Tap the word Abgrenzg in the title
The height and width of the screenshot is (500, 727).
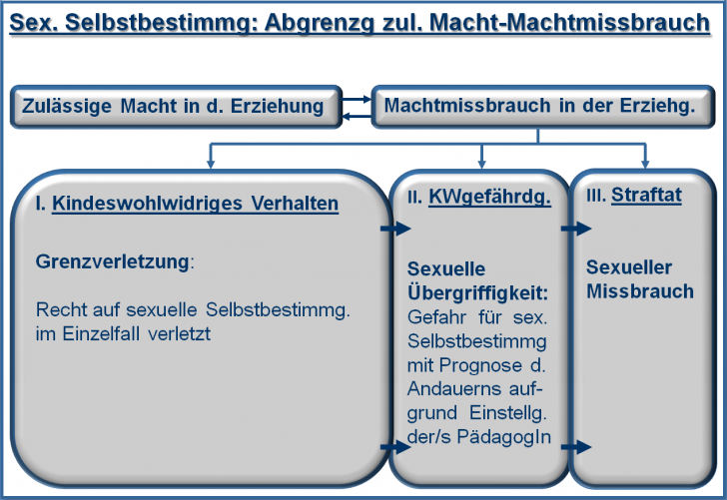coord(319,23)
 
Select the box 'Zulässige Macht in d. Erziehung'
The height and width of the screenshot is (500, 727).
coord(176,106)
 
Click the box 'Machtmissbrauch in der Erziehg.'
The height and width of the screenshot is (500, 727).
coord(543,106)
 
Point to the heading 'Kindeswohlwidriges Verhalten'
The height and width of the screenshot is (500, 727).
coord(195,204)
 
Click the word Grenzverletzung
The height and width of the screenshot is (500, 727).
coord(112,261)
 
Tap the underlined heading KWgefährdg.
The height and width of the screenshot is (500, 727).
coord(489,197)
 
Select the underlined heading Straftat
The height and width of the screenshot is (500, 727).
coord(646,195)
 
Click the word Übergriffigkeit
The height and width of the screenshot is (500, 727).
coord(477,292)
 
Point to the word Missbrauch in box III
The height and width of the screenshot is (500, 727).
coord(640,291)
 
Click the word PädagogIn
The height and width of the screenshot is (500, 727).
coord(504,436)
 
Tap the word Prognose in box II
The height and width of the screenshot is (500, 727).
coord(480,365)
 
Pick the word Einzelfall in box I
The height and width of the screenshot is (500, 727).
coord(101,333)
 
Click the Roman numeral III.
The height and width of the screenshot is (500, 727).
coord(596,195)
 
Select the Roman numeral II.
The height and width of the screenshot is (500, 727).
coord(415,198)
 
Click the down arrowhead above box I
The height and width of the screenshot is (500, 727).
coord(211,164)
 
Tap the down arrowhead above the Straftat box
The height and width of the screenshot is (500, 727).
coord(645,164)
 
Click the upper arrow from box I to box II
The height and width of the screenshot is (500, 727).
coord(395,228)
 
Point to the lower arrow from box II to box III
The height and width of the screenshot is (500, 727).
coord(576,447)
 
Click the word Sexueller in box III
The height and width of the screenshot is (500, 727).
coord(629,267)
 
